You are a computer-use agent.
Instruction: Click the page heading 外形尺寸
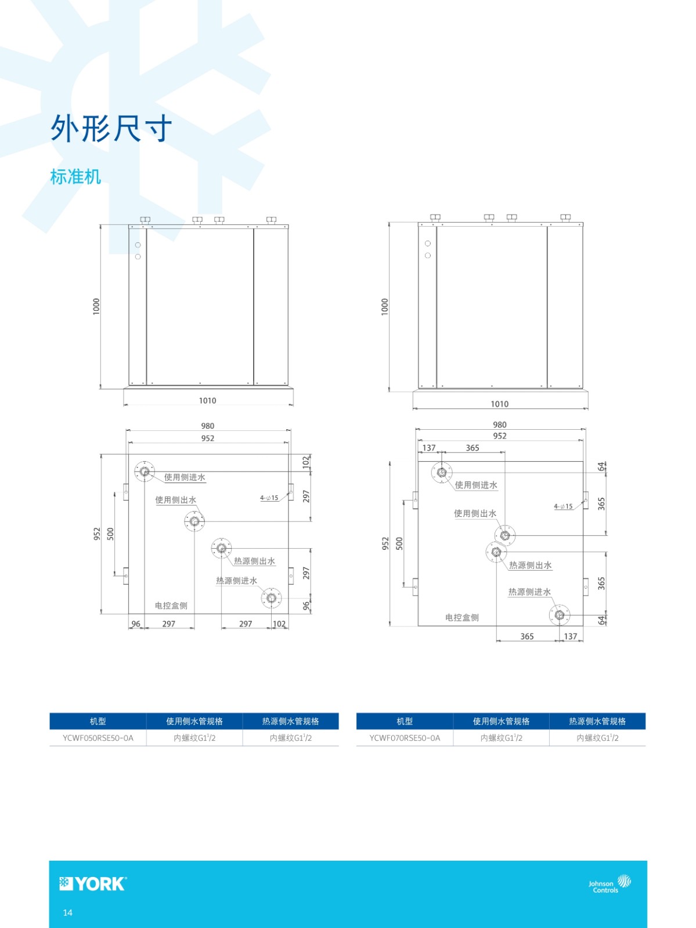[x=111, y=128]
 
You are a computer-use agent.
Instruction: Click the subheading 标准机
[x=75, y=176]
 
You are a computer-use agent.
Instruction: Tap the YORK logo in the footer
[x=93, y=883]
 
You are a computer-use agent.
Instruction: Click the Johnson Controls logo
[x=610, y=884]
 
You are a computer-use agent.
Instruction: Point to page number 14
[x=68, y=912]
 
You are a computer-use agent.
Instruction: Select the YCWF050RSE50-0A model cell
[x=98, y=738]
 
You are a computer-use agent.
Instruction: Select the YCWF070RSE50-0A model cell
[x=405, y=738]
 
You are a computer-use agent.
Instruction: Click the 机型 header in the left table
[x=98, y=722]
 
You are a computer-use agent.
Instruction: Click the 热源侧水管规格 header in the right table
[x=597, y=722]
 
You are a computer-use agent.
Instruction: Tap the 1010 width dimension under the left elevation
[x=208, y=400]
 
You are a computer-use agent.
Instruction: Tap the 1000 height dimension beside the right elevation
[x=385, y=306]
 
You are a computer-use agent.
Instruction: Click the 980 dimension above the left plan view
[x=208, y=426]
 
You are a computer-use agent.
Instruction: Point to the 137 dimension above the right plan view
[x=429, y=448]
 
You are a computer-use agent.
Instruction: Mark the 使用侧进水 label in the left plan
[x=185, y=477]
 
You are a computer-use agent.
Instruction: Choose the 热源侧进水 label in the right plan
[x=530, y=592]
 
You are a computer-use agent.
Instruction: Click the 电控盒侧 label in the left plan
[x=171, y=606]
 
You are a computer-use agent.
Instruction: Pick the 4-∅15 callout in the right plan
[x=563, y=506]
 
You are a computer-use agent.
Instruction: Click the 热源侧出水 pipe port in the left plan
[x=221, y=548]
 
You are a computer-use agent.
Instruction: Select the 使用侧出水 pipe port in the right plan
[x=505, y=535]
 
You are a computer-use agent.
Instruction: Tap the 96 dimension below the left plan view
[x=136, y=623]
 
